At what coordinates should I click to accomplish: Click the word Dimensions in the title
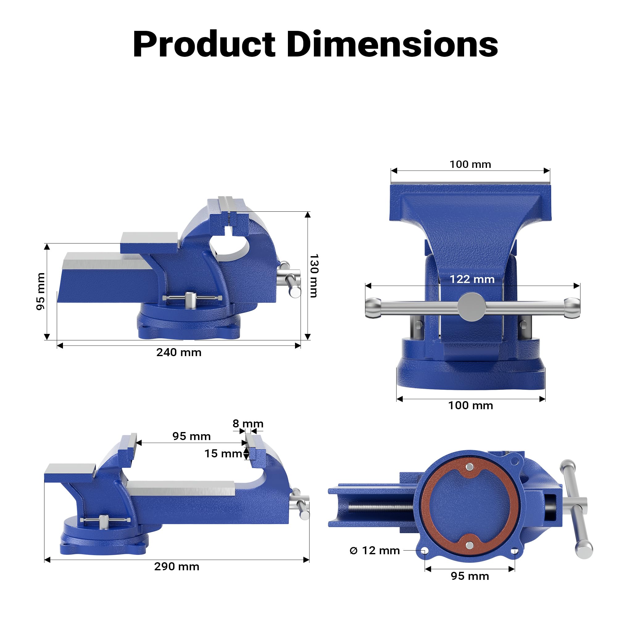click(392, 44)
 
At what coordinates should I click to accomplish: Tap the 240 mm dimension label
click(179, 352)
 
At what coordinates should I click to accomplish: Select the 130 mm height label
click(314, 276)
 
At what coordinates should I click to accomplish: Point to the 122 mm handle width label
click(472, 279)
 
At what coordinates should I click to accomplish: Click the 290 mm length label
click(177, 566)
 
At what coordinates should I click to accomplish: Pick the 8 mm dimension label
click(248, 424)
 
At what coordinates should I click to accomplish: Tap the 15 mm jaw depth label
click(223, 453)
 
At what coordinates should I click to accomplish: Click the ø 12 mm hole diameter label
click(375, 551)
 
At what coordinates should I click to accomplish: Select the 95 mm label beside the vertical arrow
click(40, 291)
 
